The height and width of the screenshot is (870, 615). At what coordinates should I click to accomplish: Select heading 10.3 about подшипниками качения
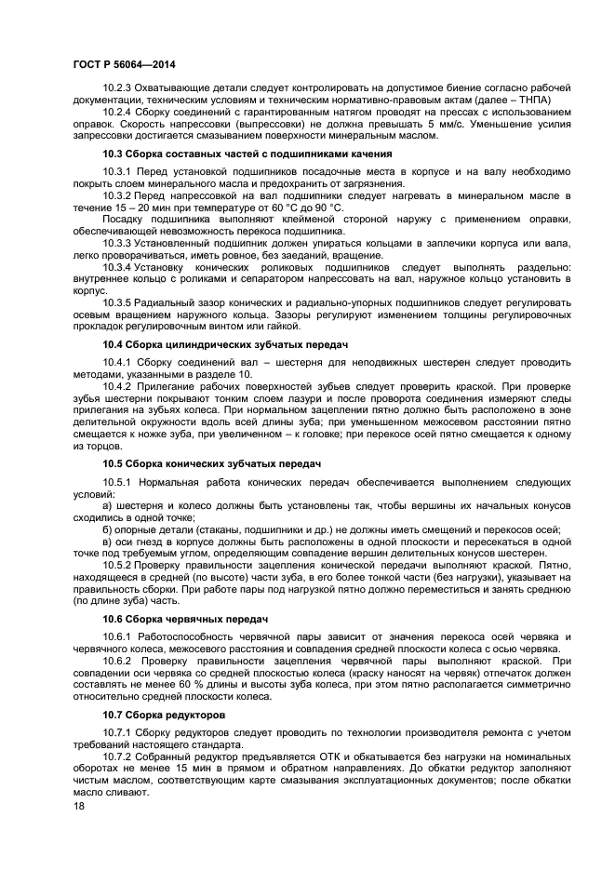[247, 154]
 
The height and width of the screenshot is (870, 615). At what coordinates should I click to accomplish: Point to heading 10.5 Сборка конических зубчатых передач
[211, 462]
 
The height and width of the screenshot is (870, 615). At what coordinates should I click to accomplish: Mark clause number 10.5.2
[117, 565]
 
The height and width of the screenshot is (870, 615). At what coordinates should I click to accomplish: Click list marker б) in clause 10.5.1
[108, 529]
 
